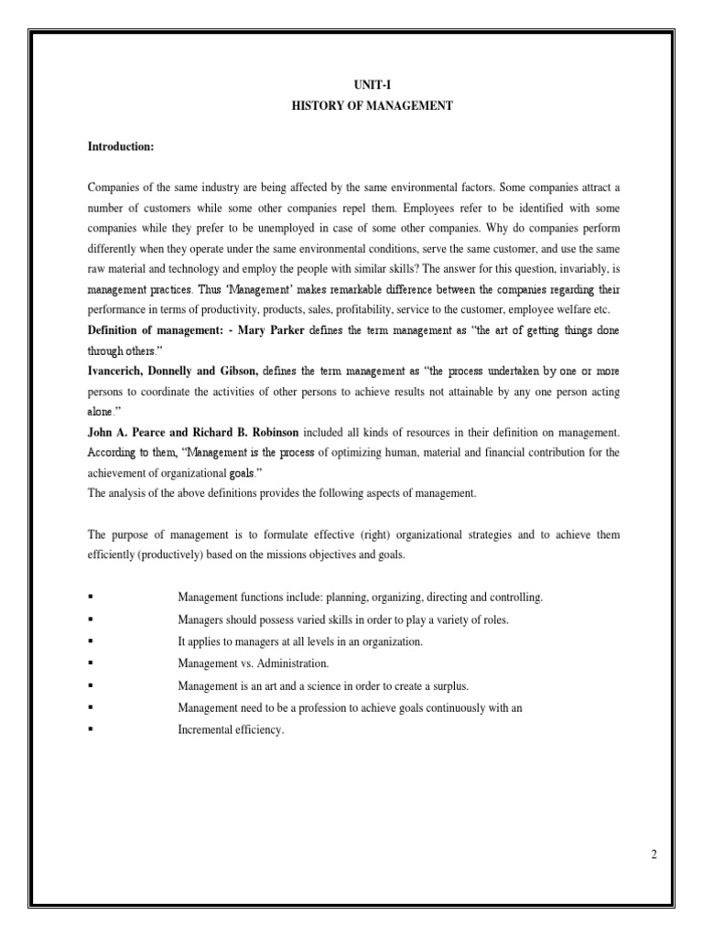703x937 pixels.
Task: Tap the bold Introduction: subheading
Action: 119,146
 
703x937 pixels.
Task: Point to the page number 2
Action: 654,855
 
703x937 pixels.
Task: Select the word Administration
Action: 292,663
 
